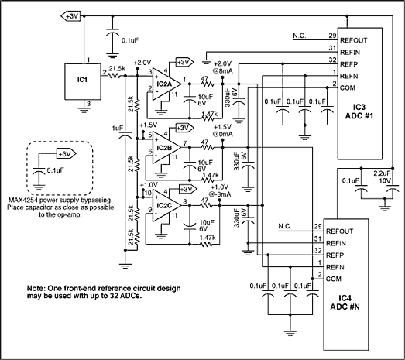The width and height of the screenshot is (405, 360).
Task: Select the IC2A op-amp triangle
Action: point(166,83)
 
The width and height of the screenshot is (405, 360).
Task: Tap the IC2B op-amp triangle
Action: point(166,146)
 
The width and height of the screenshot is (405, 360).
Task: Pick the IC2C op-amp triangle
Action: point(166,206)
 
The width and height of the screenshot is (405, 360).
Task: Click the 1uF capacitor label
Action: point(117,128)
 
